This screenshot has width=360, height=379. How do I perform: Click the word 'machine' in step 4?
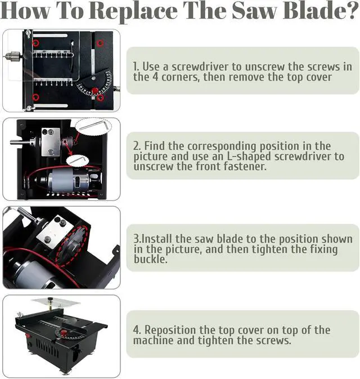coord(154,341)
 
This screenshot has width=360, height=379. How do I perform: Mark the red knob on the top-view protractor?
coord(95,90)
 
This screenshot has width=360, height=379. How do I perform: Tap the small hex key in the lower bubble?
coord(77,161)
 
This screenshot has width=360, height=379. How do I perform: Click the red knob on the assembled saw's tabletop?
coord(64,333)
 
